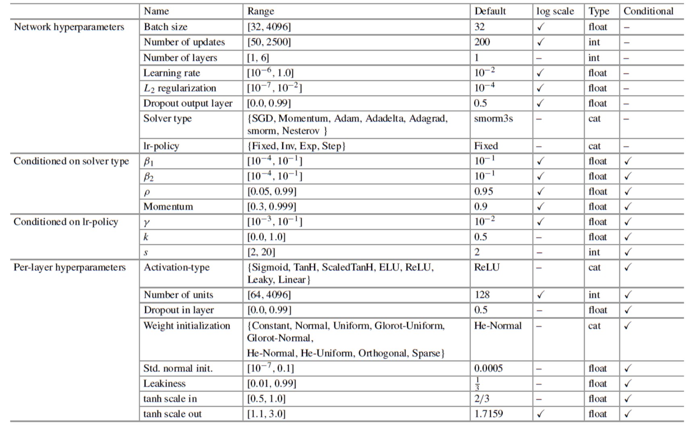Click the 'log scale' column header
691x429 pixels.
(555, 11)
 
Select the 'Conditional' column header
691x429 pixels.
(648, 11)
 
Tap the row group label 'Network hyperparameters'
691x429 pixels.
(69, 27)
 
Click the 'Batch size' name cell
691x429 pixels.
(166, 27)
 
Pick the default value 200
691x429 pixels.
(482, 42)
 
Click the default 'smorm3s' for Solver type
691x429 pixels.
(493, 119)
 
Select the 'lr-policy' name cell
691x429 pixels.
(161, 146)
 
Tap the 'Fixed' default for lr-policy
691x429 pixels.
(486, 146)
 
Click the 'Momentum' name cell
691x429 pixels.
(168, 207)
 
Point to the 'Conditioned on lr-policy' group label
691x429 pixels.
(66, 222)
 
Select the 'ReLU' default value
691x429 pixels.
(487, 267)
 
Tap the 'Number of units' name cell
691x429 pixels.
(178, 295)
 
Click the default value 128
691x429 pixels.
(482, 295)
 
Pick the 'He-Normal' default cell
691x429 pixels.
(498, 326)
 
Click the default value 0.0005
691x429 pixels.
(488, 369)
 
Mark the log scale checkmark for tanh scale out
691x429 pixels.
(540, 414)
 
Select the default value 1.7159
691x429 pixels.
(488, 414)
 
